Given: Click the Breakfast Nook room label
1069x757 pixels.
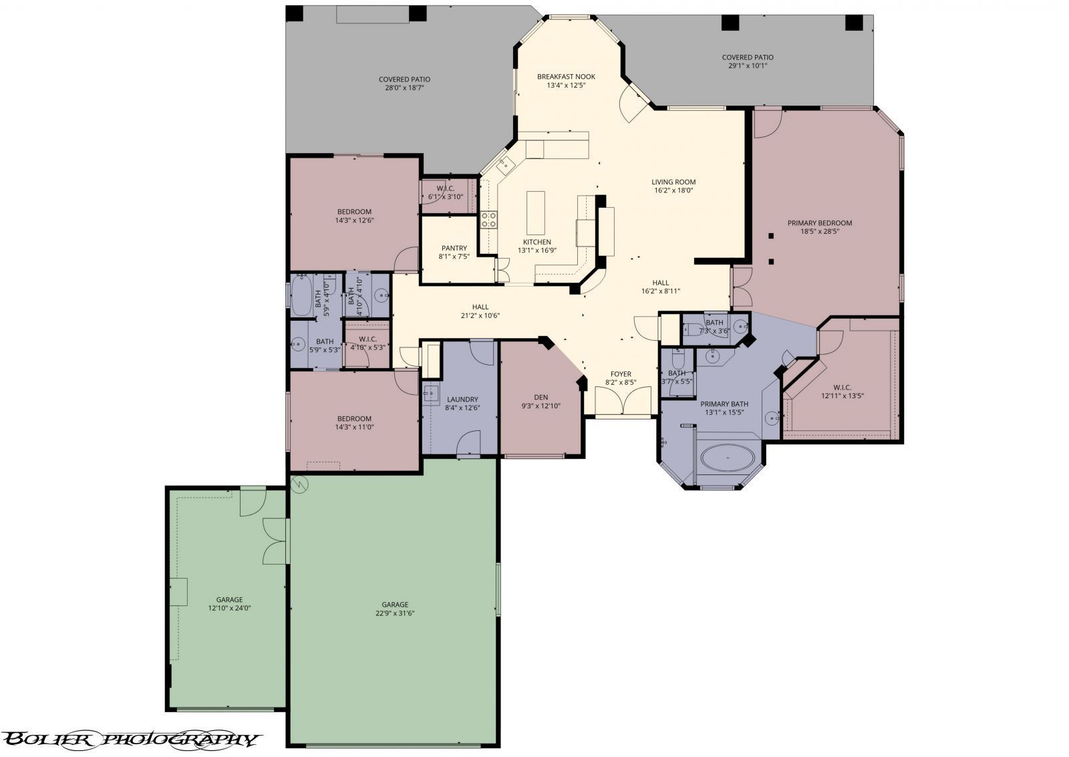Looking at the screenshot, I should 566,77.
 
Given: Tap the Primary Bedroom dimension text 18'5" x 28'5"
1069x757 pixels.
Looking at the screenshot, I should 828,232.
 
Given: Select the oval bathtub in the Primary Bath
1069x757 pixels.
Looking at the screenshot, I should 728,458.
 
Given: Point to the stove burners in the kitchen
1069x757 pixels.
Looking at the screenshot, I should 489,219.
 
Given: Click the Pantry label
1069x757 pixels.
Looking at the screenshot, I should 454,249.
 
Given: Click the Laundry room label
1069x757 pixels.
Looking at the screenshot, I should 462,400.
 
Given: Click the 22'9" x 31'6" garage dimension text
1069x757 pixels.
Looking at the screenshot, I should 395,613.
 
